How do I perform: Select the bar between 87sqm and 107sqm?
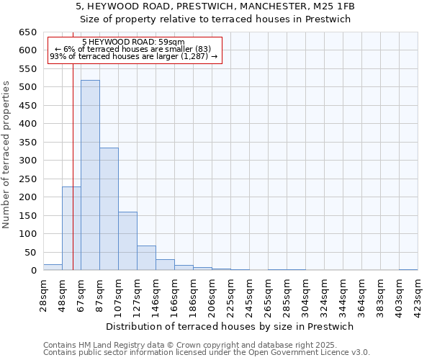[109, 209]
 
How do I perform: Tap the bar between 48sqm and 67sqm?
[71, 228]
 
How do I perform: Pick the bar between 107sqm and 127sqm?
[127, 241]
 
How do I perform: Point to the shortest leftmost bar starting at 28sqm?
[53, 267]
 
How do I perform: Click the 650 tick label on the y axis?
[27, 32]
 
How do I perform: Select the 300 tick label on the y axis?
[27, 161]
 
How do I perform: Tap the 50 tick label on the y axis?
[30, 252]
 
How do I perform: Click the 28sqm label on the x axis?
[44, 293]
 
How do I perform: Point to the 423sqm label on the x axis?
[418, 293]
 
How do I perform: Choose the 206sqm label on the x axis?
[212, 293]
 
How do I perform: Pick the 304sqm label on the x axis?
[306, 293]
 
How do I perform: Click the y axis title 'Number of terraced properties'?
[7, 155]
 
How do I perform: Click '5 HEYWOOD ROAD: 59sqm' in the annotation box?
[133, 42]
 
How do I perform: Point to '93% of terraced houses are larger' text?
[133, 57]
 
